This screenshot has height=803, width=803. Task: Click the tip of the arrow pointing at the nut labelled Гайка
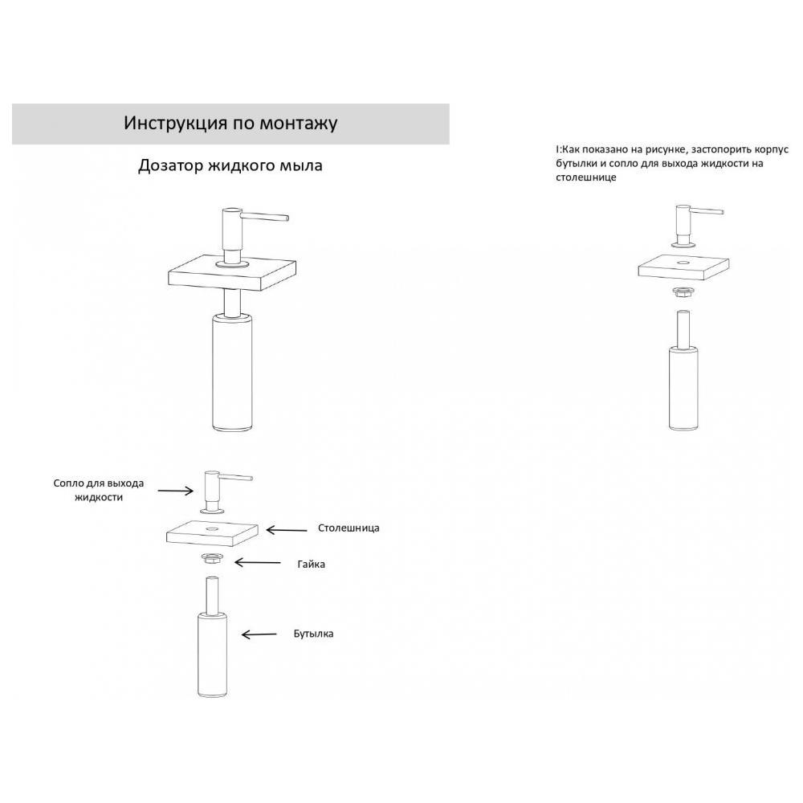click(235, 562)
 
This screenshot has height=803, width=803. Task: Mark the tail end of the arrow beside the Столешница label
click(308, 530)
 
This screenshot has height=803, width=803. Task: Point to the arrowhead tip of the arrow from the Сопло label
click(193, 491)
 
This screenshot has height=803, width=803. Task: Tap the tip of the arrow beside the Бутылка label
click(243, 635)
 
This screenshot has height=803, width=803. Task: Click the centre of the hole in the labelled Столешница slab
click(210, 527)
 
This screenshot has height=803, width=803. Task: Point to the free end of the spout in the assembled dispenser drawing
click(287, 218)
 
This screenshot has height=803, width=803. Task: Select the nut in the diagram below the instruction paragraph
click(682, 293)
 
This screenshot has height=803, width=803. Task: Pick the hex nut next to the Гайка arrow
click(211, 558)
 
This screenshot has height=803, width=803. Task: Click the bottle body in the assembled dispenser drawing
click(233, 373)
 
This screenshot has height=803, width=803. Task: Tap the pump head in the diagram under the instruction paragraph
click(693, 226)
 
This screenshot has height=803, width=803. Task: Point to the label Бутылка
click(313, 634)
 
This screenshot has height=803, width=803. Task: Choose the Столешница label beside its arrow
click(349, 528)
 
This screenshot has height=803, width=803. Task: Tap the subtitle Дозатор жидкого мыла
click(230, 166)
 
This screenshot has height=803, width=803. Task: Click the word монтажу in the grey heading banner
click(299, 124)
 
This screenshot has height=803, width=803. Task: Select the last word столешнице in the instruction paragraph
click(586, 177)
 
